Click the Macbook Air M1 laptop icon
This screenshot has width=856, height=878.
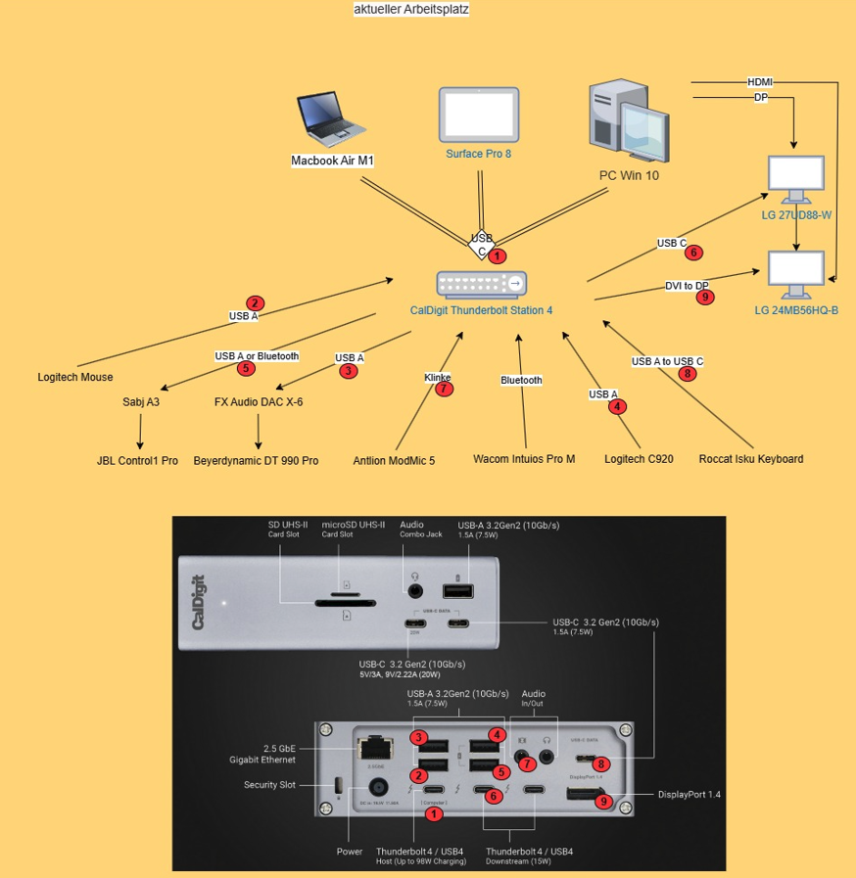point(332,119)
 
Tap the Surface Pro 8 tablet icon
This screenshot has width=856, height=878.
point(479,115)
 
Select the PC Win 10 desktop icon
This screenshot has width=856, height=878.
point(628,123)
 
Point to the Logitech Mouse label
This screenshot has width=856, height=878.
point(75,377)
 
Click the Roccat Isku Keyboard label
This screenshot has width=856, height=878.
point(751,459)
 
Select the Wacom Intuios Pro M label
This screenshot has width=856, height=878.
point(524,459)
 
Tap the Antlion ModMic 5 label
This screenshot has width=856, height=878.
point(394,460)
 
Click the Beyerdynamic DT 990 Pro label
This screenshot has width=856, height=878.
point(256,460)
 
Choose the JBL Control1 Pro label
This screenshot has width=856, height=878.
point(137,460)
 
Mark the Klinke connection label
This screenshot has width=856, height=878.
point(438,377)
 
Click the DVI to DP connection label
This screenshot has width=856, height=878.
point(687,285)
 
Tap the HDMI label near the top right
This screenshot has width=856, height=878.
point(759,82)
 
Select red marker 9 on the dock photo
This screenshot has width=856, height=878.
point(603,801)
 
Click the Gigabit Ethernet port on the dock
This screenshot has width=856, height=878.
point(373,749)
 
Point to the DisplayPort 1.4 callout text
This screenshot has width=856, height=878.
point(690,794)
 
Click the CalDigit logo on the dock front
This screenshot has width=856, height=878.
point(198,601)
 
